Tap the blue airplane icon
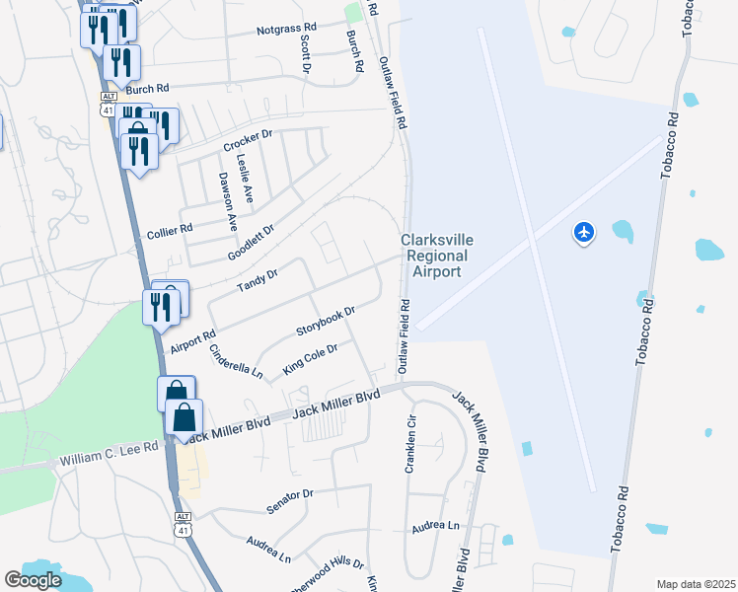coord(584,233)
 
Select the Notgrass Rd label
coord(286,30)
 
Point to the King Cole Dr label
coord(311,359)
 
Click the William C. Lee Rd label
coord(109,454)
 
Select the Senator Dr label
coord(289,500)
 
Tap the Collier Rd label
coord(169,228)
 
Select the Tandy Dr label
coord(258,280)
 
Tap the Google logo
coord(33,580)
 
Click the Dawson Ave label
coord(228,201)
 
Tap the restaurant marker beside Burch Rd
coord(121,64)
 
